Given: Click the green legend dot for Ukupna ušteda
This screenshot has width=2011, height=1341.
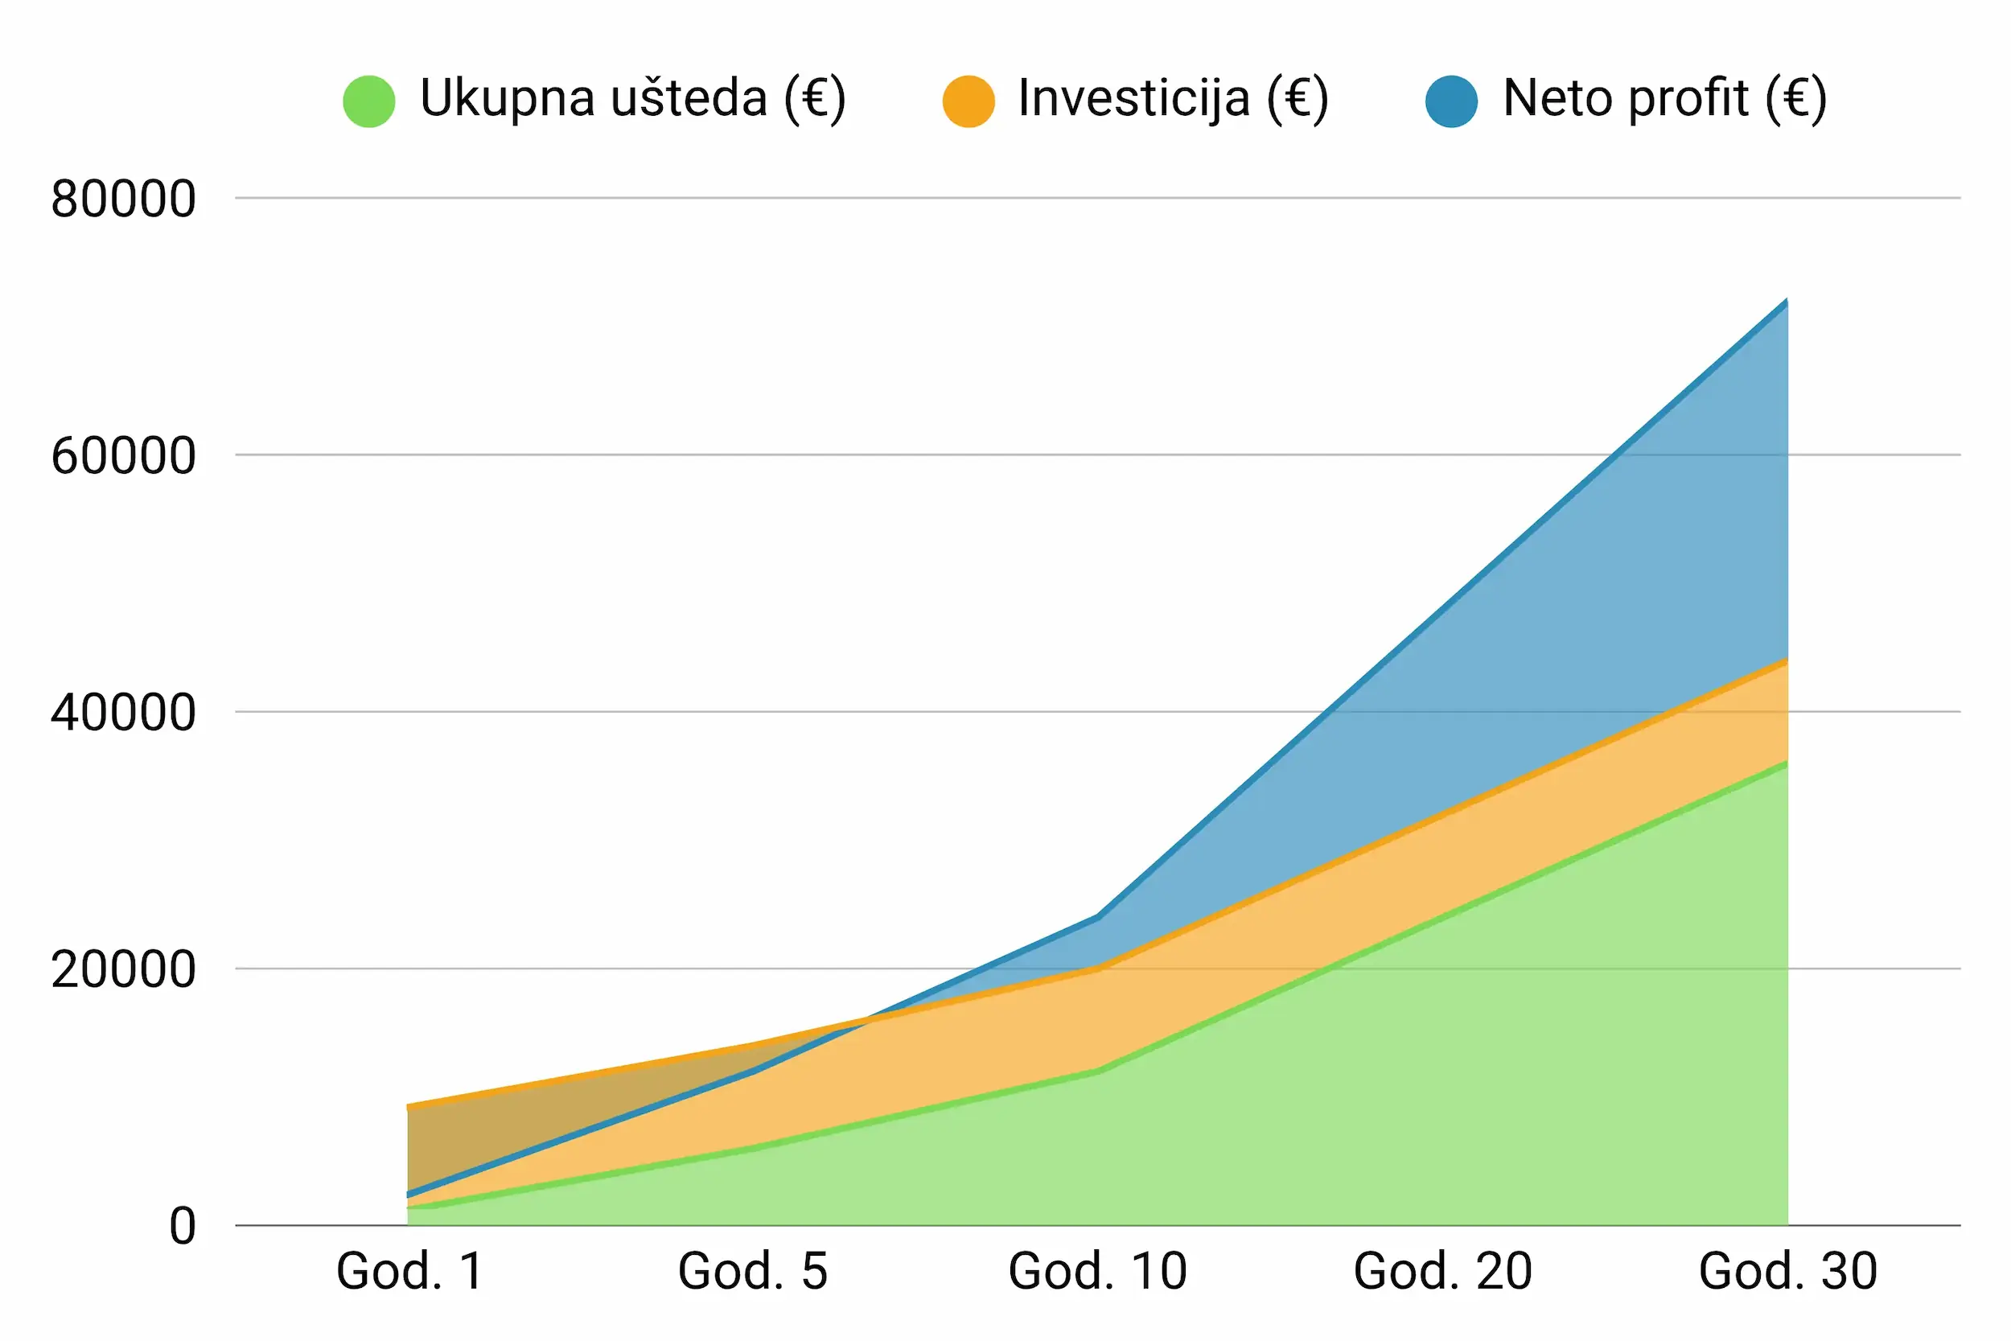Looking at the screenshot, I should (368, 101).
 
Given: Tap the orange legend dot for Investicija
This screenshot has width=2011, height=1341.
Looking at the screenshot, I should (968, 101).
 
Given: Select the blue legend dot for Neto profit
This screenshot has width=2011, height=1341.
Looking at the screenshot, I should (1451, 101).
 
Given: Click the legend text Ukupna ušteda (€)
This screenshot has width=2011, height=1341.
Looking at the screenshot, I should (633, 98).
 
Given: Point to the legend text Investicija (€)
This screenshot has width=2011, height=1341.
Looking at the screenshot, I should (1173, 98).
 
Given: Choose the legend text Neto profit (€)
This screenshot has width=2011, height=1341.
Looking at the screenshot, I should (1663, 98).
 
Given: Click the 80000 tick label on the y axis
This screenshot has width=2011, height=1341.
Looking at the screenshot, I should (123, 200).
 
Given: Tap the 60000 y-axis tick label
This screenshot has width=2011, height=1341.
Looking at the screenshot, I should (123, 456).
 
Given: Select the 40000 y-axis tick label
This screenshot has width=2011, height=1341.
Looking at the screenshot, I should (123, 713).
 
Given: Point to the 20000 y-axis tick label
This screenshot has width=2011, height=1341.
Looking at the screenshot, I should (123, 970).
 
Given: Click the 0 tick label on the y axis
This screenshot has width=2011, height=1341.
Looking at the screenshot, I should (182, 1227).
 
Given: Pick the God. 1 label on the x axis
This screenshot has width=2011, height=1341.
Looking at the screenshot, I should (409, 1271).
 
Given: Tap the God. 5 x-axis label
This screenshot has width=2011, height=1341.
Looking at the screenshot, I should (752, 1271).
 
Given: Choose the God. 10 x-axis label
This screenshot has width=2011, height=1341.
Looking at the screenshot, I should (1097, 1271).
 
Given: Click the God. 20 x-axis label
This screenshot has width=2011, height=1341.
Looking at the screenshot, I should (1442, 1271).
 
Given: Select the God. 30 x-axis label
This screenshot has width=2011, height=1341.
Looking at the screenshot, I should (1788, 1271).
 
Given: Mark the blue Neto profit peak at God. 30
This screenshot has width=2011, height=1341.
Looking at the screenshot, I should (1786, 302).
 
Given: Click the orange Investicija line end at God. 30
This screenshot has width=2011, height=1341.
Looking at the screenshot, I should (1786, 661).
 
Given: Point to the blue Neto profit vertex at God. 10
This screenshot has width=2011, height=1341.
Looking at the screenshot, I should (1097, 917).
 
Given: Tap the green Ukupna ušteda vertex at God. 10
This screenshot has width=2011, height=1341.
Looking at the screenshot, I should (1097, 1071).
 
